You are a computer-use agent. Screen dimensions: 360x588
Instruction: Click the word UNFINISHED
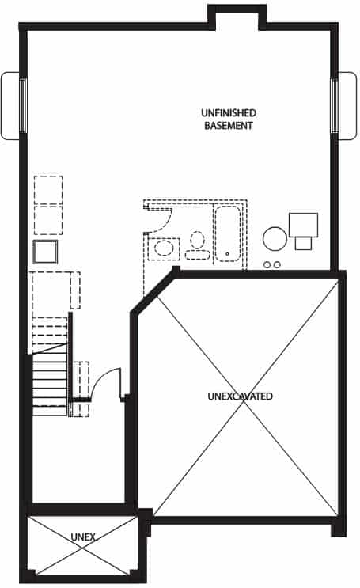pos(229,113)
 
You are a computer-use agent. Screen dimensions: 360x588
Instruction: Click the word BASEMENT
pos(229,126)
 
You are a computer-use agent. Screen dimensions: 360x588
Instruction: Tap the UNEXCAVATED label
pos(240,396)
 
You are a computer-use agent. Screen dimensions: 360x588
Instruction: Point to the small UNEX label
pos(83,537)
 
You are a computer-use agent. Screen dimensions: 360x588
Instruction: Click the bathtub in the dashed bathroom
pos(227,233)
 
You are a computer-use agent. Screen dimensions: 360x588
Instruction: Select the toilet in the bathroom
pos(197,245)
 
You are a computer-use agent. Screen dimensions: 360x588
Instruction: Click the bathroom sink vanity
pos(164,248)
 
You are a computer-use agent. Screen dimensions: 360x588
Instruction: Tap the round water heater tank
pos(275,238)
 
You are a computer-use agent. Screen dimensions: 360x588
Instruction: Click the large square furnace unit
pos(303,225)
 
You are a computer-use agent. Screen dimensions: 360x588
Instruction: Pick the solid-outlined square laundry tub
pos(45,252)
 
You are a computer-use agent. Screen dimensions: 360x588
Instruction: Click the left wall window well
pos(10,106)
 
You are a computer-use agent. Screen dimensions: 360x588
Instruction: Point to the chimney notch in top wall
pos(237,16)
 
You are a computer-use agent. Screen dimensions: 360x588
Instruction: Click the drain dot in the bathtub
pos(227,254)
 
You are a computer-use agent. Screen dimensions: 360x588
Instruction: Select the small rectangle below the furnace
pos(303,244)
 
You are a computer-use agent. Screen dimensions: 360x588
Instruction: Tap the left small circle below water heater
pos(267,265)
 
